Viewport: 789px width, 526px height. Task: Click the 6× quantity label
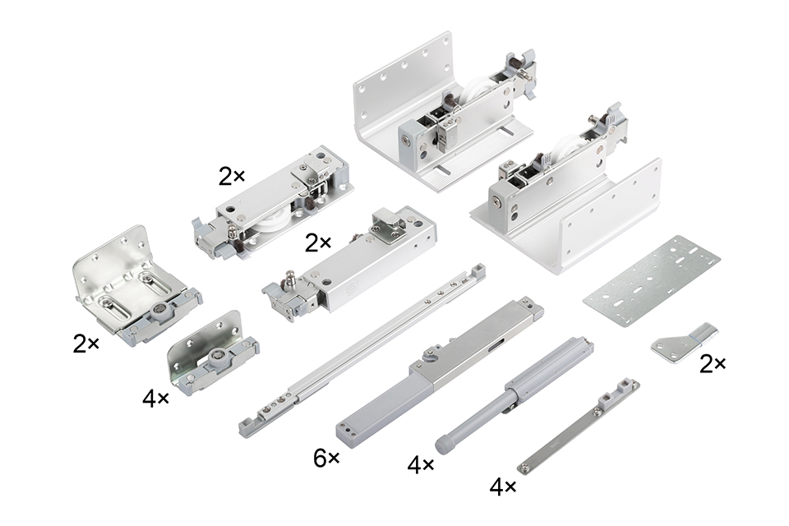point(326,458)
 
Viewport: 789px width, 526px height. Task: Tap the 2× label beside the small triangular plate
point(713,364)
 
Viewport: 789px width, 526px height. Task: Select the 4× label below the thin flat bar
point(503,487)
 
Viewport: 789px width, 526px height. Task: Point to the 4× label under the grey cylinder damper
point(421,464)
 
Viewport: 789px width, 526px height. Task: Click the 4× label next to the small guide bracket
point(155,399)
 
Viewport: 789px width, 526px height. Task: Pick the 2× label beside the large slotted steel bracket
point(86,344)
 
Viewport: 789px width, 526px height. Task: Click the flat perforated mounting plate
point(652,281)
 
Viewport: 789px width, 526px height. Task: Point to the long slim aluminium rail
point(362,350)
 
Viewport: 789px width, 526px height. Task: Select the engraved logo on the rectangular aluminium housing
point(350,290)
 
